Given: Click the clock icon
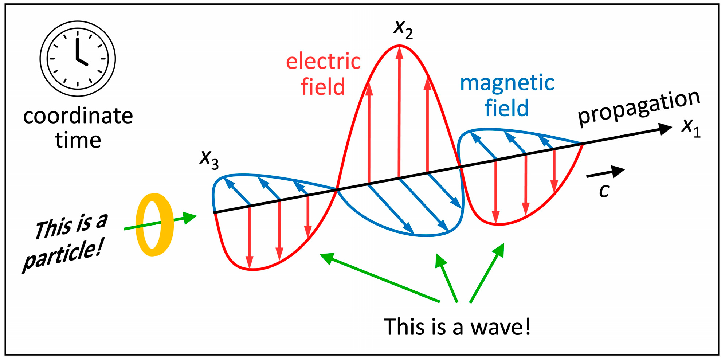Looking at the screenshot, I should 78,59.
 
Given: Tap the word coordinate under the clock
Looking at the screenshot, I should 78,116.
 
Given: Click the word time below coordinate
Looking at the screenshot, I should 78,140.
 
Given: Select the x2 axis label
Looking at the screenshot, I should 403,28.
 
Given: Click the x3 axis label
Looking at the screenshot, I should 209,159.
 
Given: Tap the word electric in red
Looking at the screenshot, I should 323,61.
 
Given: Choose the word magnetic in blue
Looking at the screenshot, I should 507,83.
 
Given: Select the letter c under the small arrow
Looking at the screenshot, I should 604,190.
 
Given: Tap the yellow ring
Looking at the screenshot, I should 154,224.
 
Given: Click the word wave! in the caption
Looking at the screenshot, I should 501,326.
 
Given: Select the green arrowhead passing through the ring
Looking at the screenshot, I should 190,218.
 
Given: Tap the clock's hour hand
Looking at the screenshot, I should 82,62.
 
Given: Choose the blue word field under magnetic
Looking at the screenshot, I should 506,108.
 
